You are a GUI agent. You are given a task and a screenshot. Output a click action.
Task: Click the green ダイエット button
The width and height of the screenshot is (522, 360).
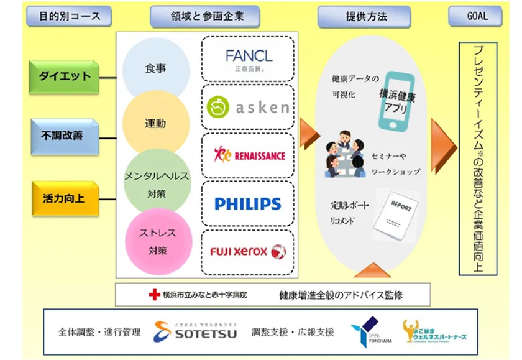click(x=65, y=77)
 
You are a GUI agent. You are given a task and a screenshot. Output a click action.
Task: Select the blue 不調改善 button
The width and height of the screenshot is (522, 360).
click(x=65, y=136)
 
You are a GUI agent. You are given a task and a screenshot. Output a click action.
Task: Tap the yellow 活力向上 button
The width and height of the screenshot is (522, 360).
click(x=65, y=198)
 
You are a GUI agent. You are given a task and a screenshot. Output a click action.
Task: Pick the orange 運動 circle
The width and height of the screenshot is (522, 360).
click(x=155, y=123)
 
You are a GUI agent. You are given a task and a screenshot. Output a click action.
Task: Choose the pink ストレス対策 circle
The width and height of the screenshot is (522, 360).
click(x=158, y=242)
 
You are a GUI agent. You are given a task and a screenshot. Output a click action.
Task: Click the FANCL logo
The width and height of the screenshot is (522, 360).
click(x=249, y=59)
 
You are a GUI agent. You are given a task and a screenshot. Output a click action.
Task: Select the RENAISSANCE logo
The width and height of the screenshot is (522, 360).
click(x=249, y=155)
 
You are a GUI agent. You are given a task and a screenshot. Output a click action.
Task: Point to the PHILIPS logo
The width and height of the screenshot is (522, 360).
click(x=247, y=203)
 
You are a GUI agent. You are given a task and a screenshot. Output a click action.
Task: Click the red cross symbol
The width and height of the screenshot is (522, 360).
click(x=154, y=294)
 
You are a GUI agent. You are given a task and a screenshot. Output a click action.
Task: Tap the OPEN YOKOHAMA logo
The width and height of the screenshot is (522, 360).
click(x=365, y=330)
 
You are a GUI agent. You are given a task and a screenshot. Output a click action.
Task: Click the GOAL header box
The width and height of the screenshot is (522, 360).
click(x=477, y=16)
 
